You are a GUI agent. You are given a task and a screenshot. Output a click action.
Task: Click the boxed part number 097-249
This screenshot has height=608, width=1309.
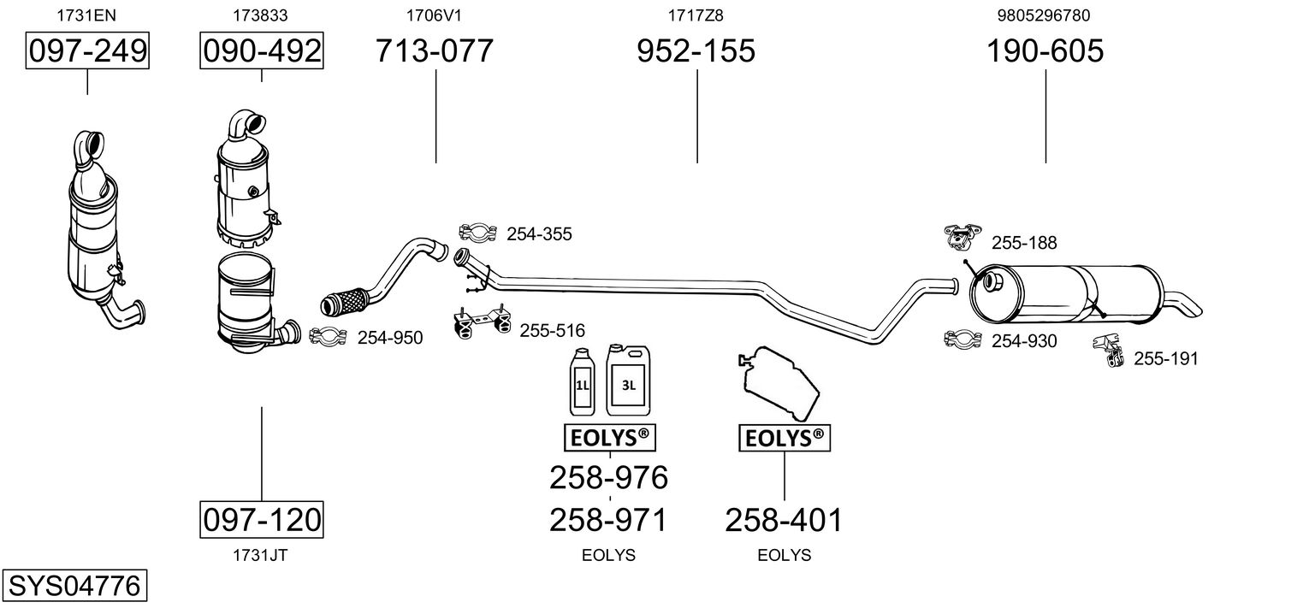point(87,50)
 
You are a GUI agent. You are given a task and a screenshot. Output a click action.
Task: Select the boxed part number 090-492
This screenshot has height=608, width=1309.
point(262,50)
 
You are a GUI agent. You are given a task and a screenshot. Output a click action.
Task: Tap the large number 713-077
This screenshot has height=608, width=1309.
point(434,50)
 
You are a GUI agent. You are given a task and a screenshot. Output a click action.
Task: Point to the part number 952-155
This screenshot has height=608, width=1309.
point(696,50)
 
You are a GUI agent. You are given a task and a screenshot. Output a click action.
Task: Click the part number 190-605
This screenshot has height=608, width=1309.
point(1045,50)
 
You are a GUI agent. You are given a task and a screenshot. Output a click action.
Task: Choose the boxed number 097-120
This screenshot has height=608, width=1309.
point(262,519)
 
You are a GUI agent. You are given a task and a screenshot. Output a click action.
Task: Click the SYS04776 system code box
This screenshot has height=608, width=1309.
point(74,585)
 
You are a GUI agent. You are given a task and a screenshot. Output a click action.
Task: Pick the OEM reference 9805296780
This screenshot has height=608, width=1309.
point(1044,15)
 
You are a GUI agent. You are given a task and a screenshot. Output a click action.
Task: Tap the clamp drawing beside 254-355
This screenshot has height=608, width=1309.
point(478,232)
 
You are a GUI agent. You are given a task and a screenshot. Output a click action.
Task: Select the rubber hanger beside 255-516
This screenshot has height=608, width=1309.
point(483,323)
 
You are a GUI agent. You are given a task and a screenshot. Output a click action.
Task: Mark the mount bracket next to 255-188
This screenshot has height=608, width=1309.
point(962,237)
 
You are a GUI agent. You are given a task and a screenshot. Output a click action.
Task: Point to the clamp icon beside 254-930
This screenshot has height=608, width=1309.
point(963,339)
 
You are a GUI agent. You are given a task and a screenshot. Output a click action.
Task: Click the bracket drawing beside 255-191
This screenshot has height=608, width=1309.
point(1109,350)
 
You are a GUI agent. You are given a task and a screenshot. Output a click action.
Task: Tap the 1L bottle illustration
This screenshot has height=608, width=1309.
point(582,382)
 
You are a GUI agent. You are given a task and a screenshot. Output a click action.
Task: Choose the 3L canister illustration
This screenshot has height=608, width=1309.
point(628,381)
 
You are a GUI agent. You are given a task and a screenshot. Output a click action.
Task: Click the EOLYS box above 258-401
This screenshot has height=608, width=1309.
point(785,438)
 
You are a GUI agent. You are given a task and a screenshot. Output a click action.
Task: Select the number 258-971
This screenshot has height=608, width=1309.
point(608,520)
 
